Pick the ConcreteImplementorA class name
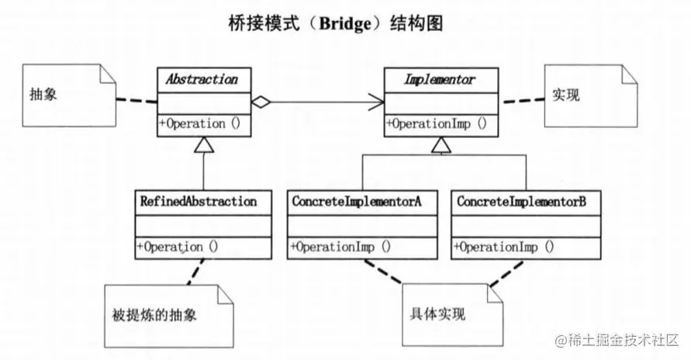[x=357, y=202]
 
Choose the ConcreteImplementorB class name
[x=521, y=202]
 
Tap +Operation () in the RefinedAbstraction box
[x=178, y=247]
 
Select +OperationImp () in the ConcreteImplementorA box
[x=340, y=247]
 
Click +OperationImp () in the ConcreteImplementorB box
[x=505, y=247]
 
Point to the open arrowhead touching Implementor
[x=376, y=101]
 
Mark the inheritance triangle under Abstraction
[x=204, y=143]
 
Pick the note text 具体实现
[x=438, y=317]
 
